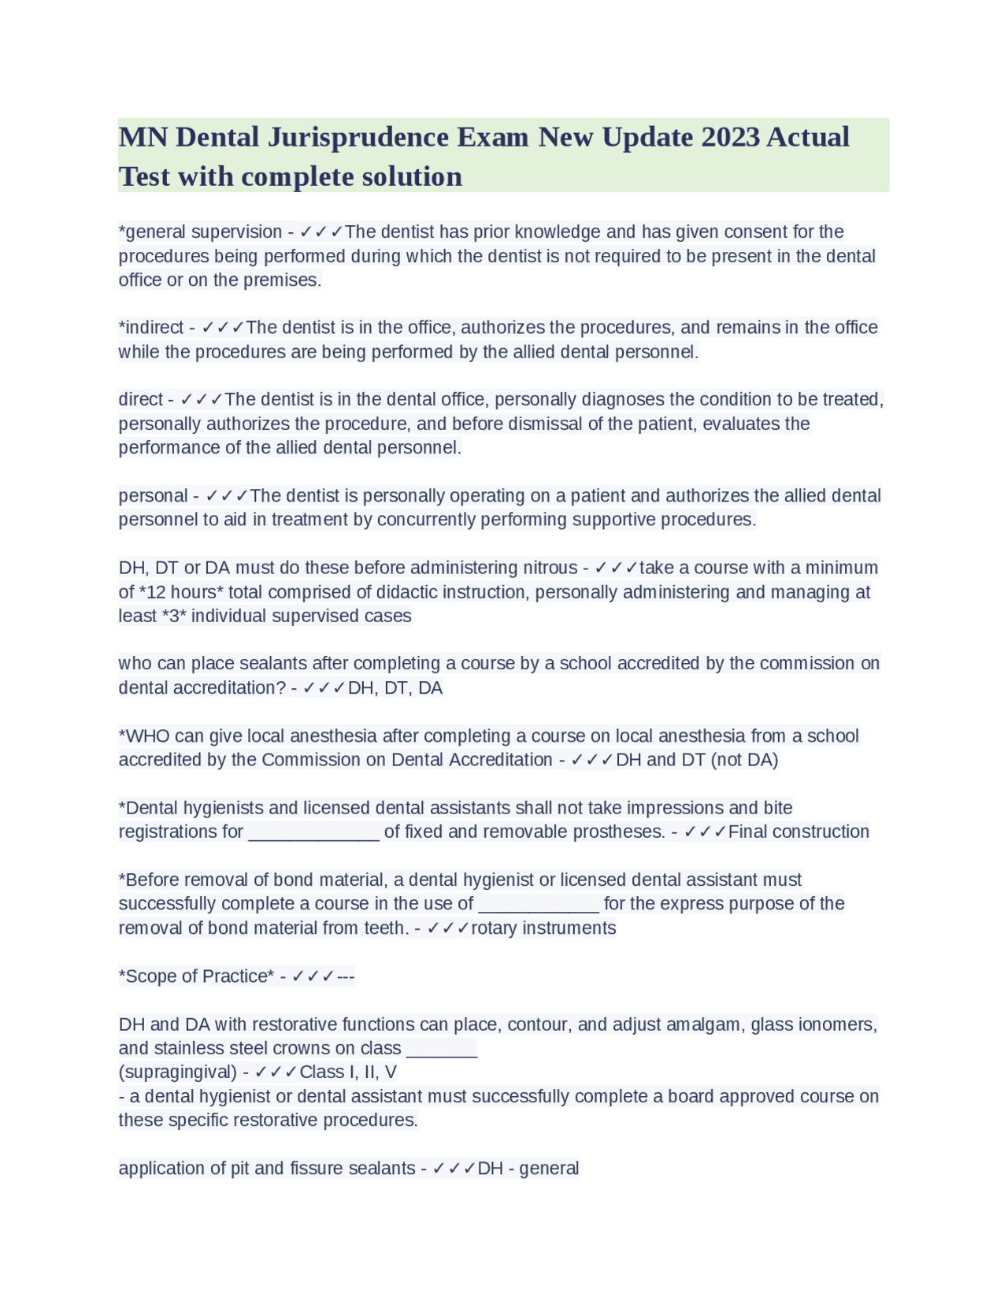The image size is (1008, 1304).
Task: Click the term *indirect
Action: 150,328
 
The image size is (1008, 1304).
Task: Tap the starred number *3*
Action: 174,616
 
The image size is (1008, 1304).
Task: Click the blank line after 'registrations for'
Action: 313,832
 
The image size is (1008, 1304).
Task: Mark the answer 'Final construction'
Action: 799,832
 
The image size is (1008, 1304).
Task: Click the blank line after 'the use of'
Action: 539,904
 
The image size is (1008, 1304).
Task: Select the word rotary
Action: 494,928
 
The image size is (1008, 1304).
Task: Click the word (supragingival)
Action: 178,1072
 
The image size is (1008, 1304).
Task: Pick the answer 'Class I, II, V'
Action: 348,1072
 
